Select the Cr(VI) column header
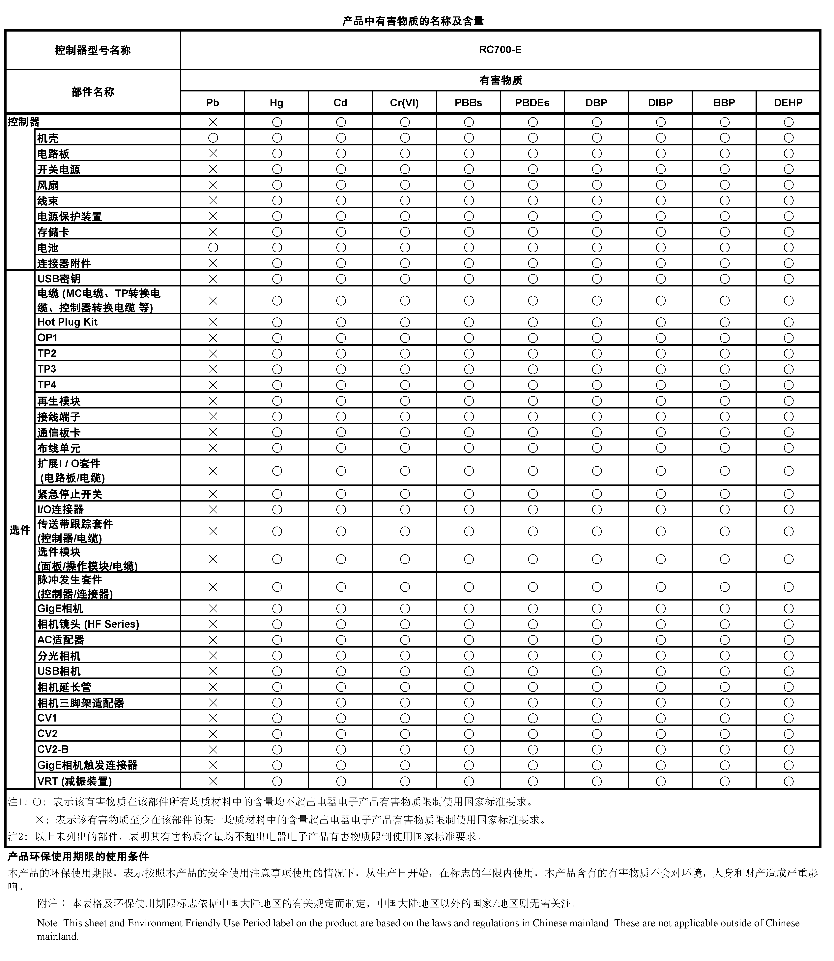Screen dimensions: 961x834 pyautogui.click(x=404, y=103)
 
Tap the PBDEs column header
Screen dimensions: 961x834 pyautogui.click(x=532, y=103)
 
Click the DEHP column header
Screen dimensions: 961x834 pyautogui.click(x=788, y=103)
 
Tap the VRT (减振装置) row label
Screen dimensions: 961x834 pyautogui.click(x=74, y=781)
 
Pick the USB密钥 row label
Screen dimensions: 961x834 pyautogui.click(x=59, y=279)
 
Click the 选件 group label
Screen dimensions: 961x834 pyautogui.click(x=19, y=530)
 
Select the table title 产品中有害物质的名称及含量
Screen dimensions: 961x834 pyautogui.click(x=413, y=21)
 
